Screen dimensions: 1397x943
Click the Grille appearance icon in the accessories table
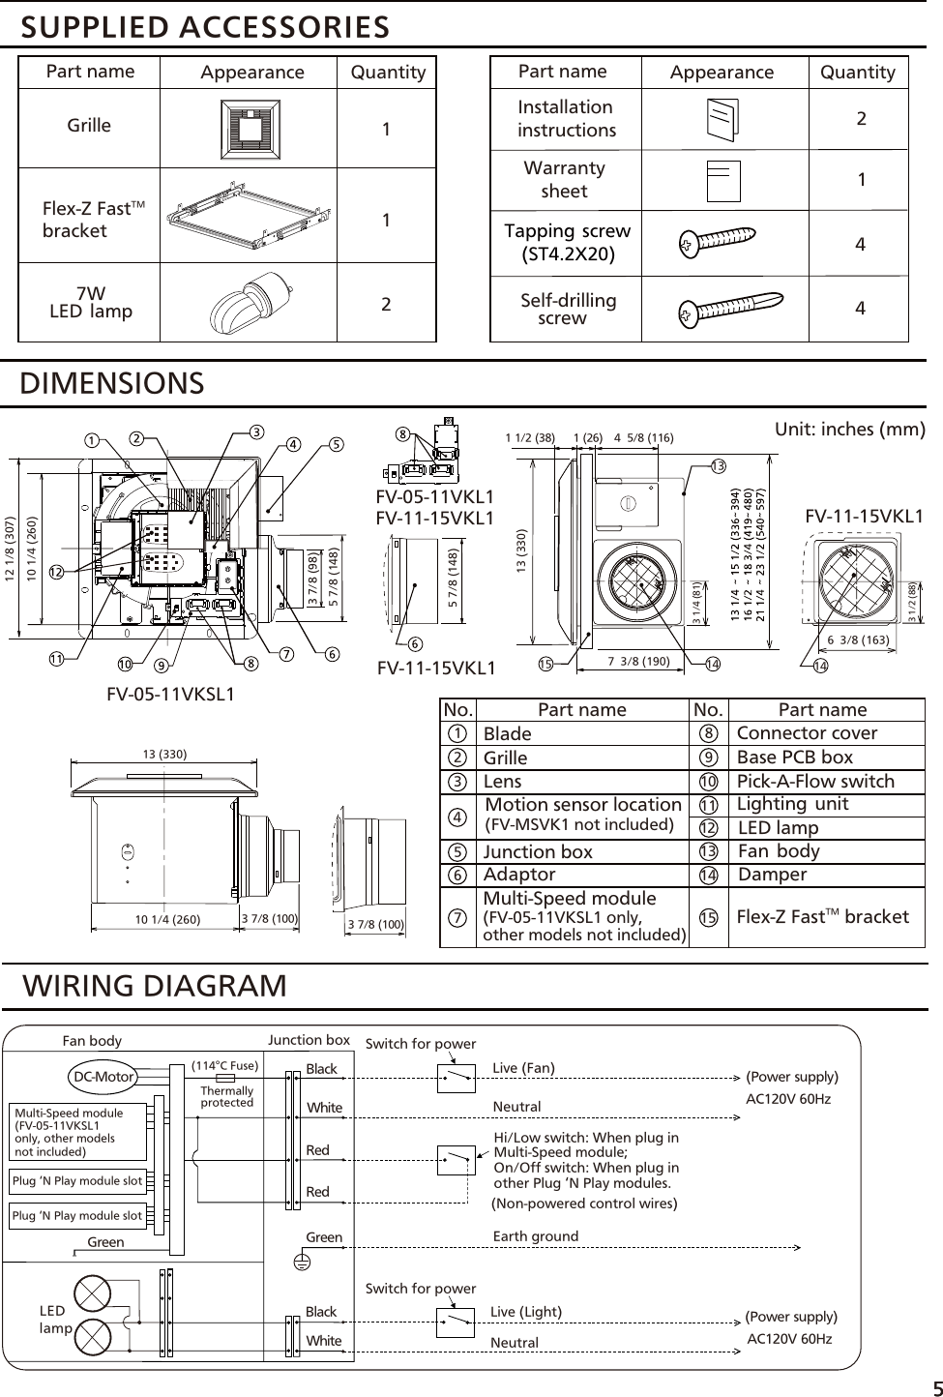tap(251, 126)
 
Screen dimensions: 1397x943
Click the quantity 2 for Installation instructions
tap(860, 120)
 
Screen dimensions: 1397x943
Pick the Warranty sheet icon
tap(722, 180)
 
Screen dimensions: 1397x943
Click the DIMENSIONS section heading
tap(113, 383)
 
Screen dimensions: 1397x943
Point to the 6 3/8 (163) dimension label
tap(856, 639)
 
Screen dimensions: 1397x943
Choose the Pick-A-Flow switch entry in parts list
tap(815, 781)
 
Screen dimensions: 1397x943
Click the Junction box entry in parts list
tap(538, 851)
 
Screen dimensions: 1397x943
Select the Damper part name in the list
tap(772, 875)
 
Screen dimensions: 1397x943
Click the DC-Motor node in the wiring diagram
tap(103, 1076)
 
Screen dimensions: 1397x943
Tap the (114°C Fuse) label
tap(224, 1065)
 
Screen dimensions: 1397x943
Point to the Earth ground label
tap(535, 1236)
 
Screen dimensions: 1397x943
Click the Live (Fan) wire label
tap(523, 1068)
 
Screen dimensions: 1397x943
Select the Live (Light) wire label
tap(525, 1312)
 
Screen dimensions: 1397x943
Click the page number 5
tap(932, 1384)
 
